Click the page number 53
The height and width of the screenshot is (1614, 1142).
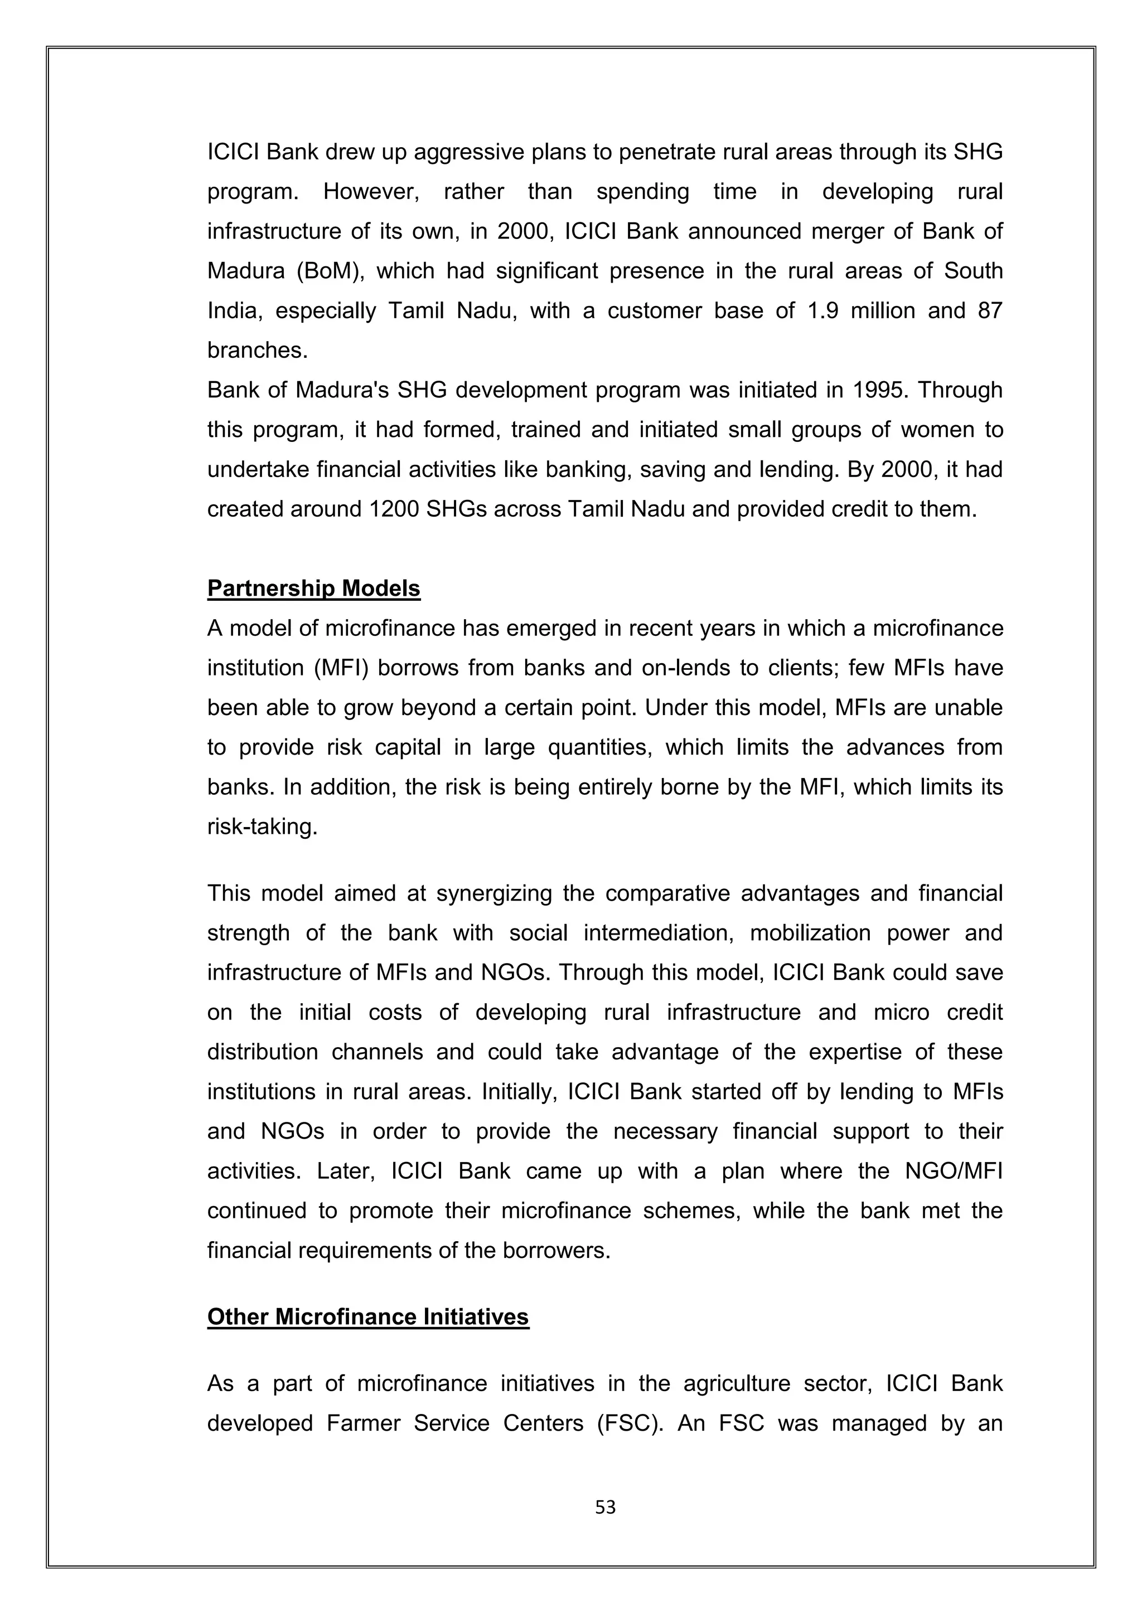(x=605, y=1506)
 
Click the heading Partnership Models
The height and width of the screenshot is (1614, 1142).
(x=313, y=589)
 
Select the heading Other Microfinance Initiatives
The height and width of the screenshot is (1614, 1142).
(x=368, y=1316)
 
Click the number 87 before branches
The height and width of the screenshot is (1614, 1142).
(x=989, y=311)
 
